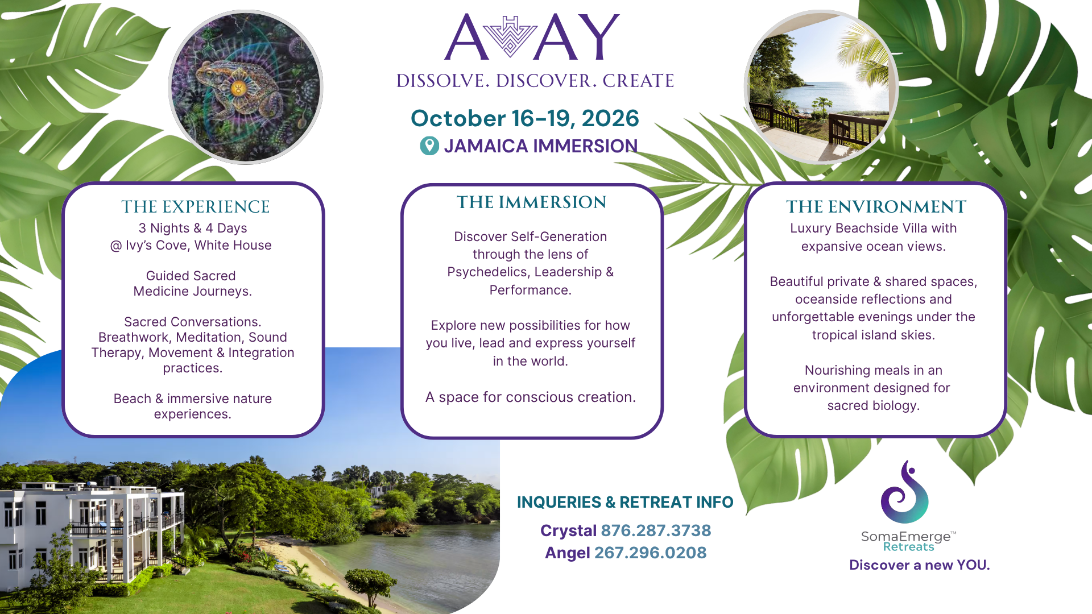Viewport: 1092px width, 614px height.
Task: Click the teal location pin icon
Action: [x=429, y=146]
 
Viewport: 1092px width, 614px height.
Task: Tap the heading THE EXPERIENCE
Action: [x=196, y=206]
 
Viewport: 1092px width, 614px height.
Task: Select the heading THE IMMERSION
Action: [x=532, y=202]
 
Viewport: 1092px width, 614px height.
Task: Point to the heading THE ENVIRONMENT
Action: [x=876, y=206]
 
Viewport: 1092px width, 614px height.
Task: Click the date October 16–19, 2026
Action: [x=525, y=118]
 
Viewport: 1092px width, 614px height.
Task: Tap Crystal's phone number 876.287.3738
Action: [x=656, y=530]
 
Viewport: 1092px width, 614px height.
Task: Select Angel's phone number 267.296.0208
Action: [x=650, y=553]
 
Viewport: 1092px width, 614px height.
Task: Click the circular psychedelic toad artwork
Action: [x=246, y=87]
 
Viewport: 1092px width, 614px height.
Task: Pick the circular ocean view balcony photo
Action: [x=821, y=87]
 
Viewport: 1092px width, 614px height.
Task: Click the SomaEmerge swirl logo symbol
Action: [x=904, y=492]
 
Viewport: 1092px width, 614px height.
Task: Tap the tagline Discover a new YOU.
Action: [x=920, y=565]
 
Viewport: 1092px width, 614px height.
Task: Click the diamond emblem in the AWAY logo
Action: [x=511, y=37]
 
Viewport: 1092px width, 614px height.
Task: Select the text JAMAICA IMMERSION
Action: [x=541, y=146]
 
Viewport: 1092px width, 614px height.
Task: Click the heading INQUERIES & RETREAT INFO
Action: [x=625, y=502]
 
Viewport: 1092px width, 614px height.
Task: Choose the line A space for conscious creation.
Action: [x=531, y=397]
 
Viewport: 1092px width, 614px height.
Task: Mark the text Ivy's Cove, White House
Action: [x=198, y=245]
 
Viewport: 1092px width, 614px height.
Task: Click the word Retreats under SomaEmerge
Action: [x=908, y=547]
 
